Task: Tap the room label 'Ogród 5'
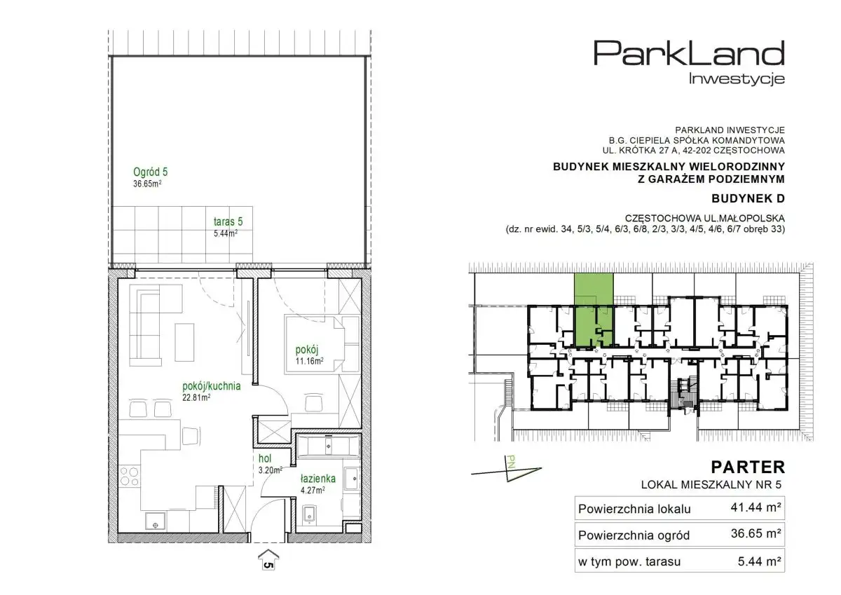pos(150,172)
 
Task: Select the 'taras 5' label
pos(228,221)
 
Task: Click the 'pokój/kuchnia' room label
pos(212,386)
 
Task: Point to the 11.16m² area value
pos(309,361)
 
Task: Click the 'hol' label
pos(265,458)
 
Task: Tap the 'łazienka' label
pos(318,479)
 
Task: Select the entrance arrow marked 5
pos(268,559)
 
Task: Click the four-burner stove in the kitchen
pos(129,476)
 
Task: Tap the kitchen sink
pos(155,521)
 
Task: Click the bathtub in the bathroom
pos(329,446)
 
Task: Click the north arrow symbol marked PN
pos(507,470)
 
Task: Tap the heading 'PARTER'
pos(748,467)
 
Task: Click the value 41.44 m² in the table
pos(755,507)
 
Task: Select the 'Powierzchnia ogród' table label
pos(634,535)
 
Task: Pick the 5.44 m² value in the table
pos(760,561)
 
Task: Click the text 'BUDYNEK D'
pos(748,198)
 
